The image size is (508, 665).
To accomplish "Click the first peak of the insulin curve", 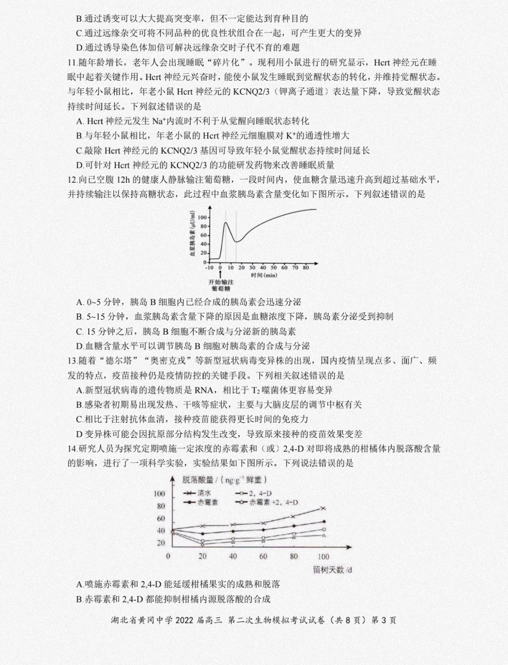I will pyautogui.click(x=226, y=223).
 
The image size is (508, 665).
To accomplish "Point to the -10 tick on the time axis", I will pyautogui.click(x=209, y=267).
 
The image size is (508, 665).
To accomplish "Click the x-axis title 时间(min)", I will pyautogui.click(x=264, y=275).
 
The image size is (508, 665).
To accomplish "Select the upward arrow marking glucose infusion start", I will pyautogui.click(x=220, y=272).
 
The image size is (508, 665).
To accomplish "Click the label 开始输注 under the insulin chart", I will pyautogui.click(x=221, y=282).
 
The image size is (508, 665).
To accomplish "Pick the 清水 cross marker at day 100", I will pyautogui.click(x=323, y=508).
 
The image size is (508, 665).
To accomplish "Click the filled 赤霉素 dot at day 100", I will pyautogui.click(x=324, y=521).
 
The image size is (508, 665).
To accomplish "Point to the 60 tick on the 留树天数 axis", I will pyautogui.click(x=263, y=556).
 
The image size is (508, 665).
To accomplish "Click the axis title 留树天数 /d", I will pyautogui.click(x=332, y=569).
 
